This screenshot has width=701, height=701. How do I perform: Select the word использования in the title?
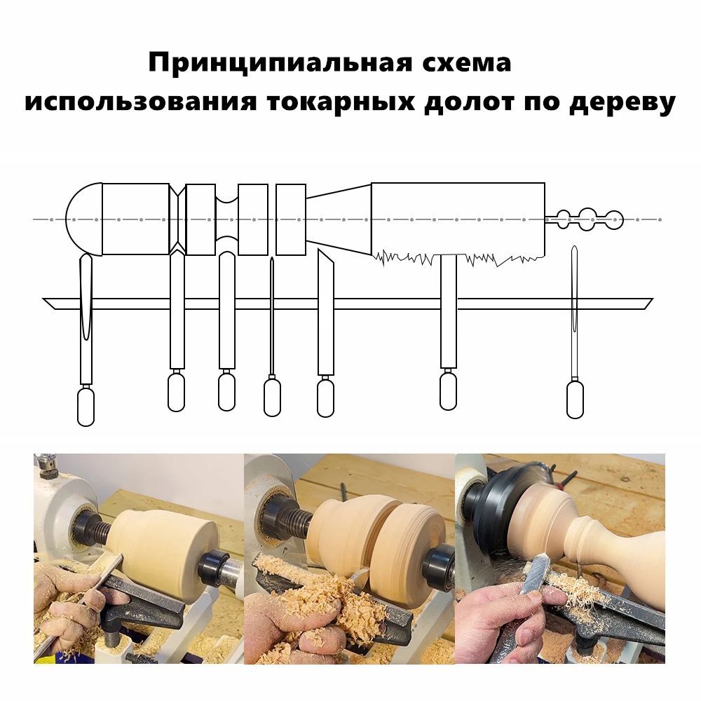tap(142, 103)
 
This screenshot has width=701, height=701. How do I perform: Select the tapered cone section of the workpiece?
tap(339, 219)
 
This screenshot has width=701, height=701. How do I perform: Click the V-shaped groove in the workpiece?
tap(178, 219)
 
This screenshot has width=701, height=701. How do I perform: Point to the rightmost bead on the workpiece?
tap(613, 219)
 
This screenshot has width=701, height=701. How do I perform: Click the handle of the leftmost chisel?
tap(86, 406)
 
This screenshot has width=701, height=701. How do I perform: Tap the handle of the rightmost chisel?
tap(575, 400)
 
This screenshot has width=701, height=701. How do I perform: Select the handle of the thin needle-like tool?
tap(272, 397)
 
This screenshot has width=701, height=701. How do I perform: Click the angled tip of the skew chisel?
tap(323, 261)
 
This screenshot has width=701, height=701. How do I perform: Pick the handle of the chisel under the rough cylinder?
tap(448, 390)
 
